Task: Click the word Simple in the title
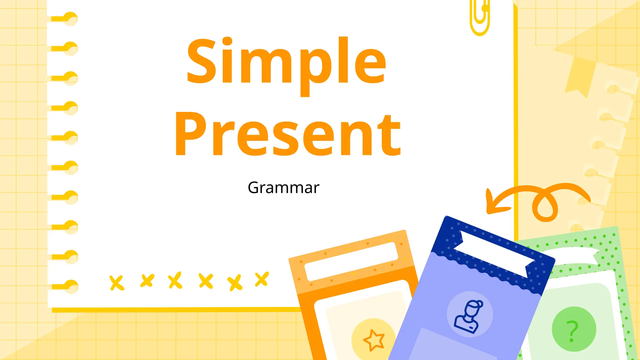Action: click(286, 62)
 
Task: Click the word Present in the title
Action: click(287, 134)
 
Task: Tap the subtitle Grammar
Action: click(283, 188)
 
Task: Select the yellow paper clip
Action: click(480, 17)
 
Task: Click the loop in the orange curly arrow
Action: click(545, 206)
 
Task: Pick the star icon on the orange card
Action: click(374, 340)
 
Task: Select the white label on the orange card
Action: click(351, 261)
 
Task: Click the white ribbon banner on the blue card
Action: click(494, 253)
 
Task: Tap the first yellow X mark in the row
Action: click(117, 283)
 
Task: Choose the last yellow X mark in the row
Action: click(262, 279)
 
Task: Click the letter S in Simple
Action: click(201, 61)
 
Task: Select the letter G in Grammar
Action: click(255, 188)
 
